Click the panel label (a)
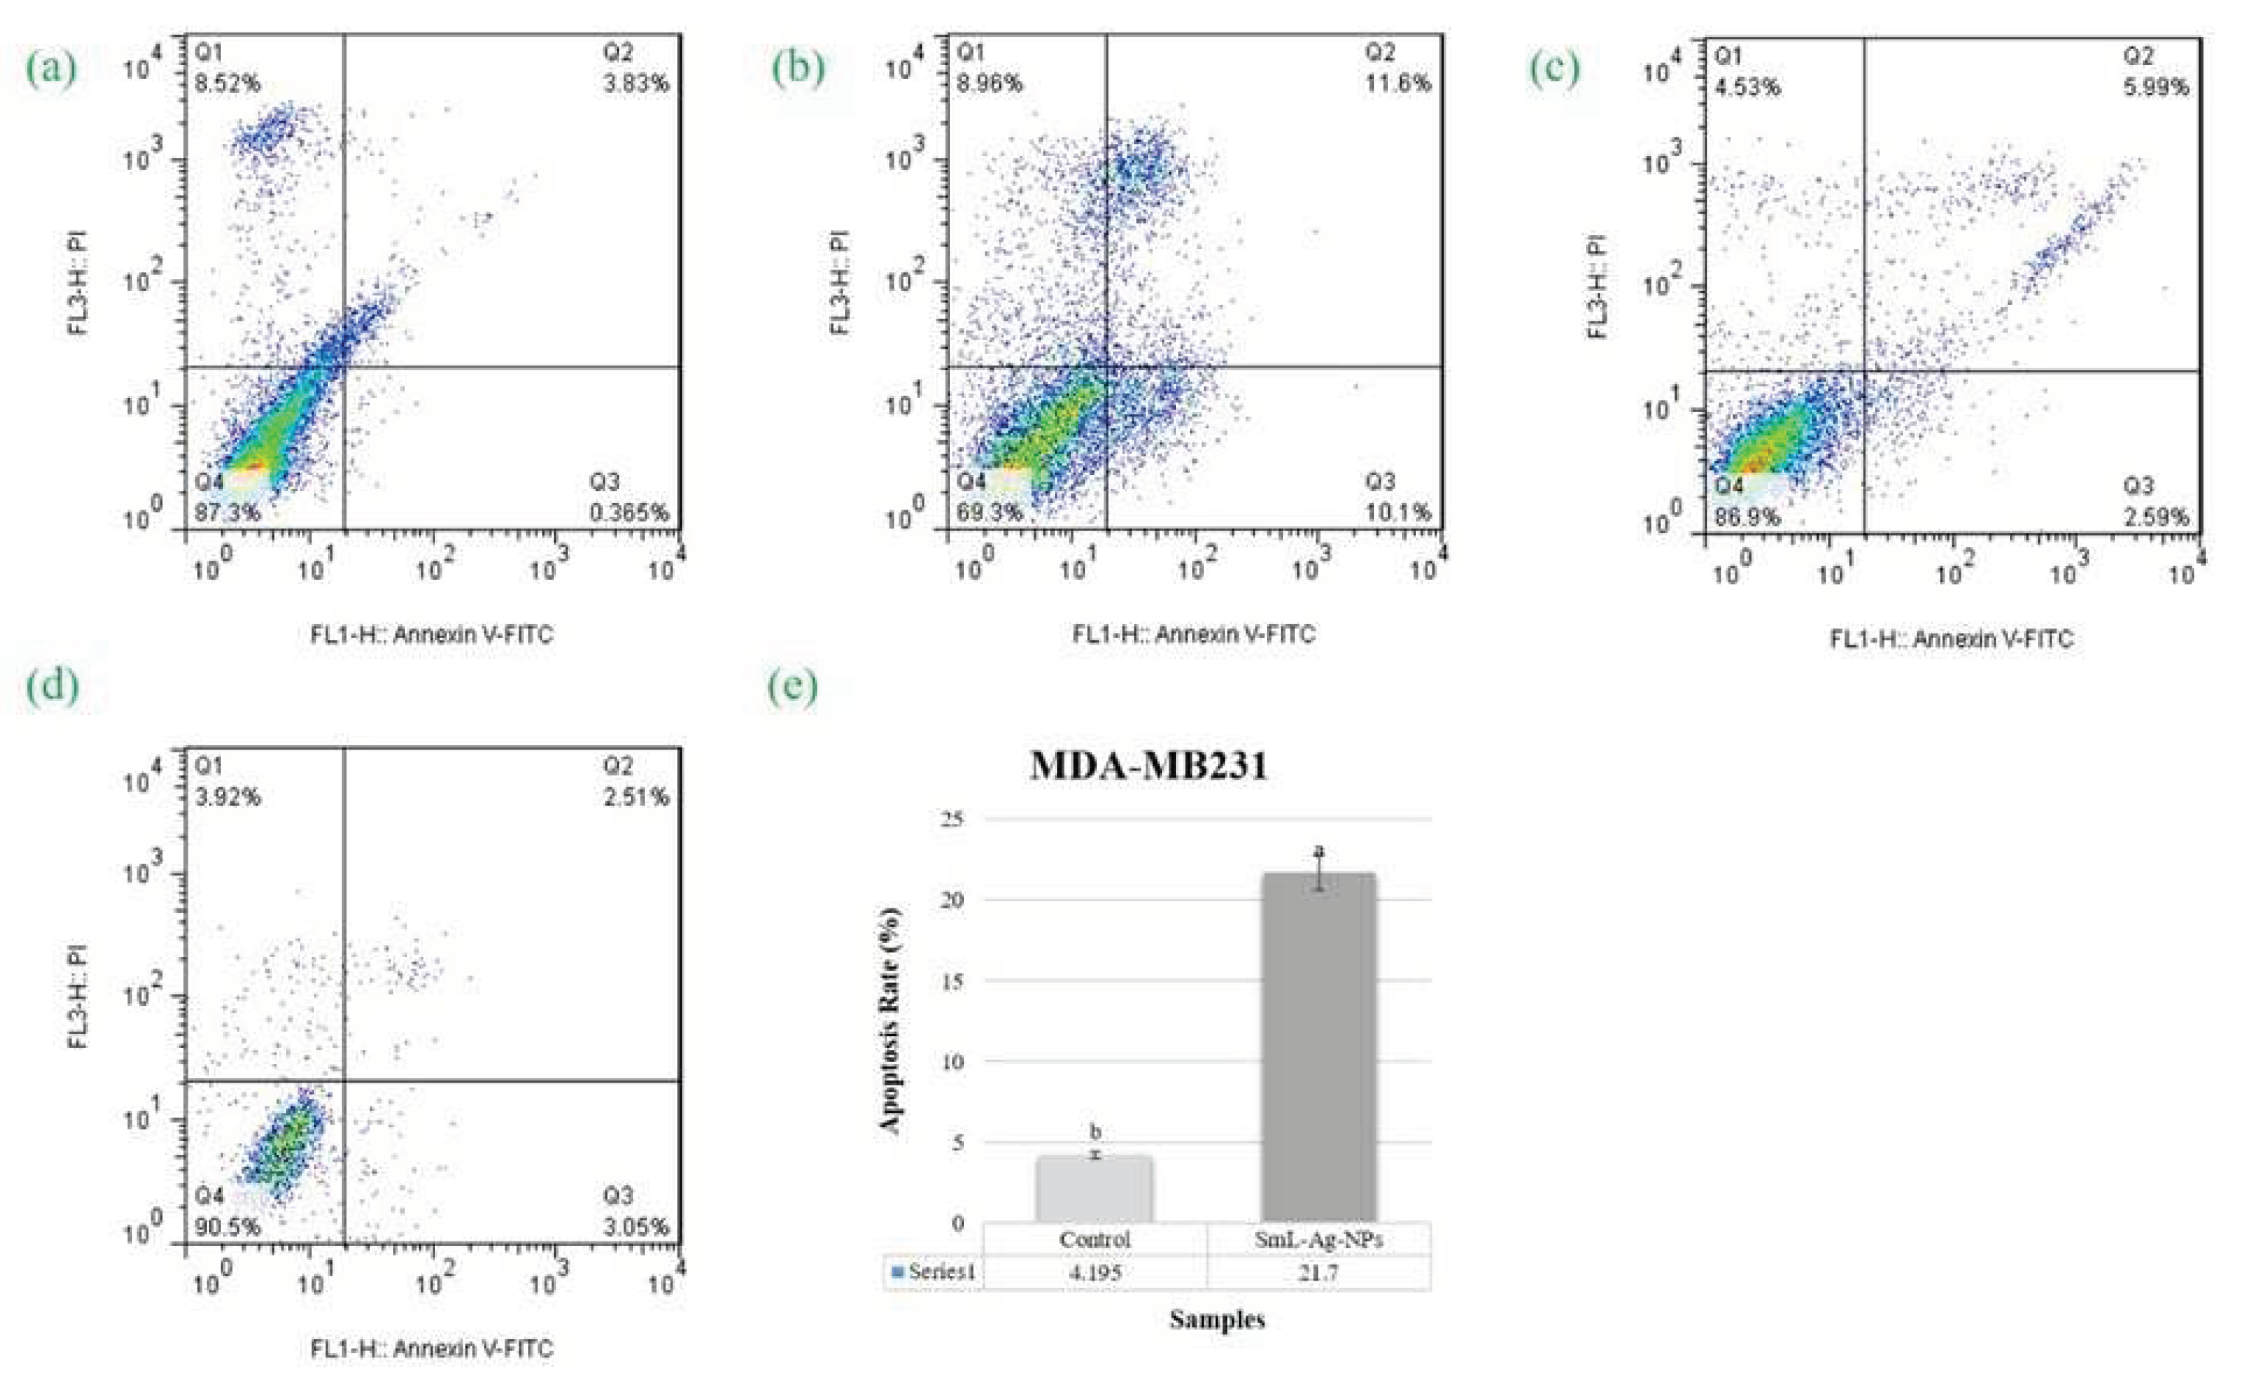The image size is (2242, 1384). [51, 68]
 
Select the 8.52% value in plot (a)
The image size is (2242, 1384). [227, 84]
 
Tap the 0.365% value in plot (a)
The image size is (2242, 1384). [629, 513]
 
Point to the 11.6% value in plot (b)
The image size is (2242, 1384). [1398, 83]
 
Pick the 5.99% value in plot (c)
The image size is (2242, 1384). [2156, 88]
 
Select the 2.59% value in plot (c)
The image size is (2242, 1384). [2156, 517]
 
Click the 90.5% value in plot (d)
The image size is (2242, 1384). [227, 1227]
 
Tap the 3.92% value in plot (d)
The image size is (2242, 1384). [227, 798]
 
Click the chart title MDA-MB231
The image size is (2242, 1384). [1149, 765]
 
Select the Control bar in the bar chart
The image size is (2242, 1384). [1094, 1189]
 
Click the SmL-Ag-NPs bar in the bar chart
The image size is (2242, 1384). [1319, 1048]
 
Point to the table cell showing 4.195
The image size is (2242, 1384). [1094, 1272]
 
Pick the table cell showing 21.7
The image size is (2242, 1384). [1319, 1272]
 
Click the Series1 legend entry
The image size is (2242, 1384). [934, 1272]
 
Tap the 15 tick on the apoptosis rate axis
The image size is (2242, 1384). [953, 982]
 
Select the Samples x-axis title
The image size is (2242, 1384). [1217, 1320]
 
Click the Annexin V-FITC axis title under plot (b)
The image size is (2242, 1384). [1194, 634]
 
